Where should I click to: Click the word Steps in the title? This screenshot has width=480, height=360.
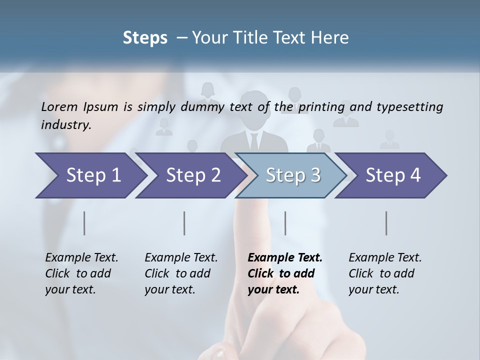[145, 38]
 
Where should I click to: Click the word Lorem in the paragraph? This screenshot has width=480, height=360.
[59, 106]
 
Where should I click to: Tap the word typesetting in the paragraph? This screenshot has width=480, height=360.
[409, 107]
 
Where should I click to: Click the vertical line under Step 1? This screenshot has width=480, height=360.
[84, 223]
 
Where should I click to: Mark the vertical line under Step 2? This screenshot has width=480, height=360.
[184, 223]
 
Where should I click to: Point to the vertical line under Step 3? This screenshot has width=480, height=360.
[285, 223]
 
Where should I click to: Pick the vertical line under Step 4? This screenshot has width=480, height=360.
[386, 223]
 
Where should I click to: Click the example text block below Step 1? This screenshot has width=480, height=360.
[81, 273]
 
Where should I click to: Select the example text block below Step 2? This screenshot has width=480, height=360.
[181, 273]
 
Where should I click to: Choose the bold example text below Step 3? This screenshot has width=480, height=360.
[285, 273]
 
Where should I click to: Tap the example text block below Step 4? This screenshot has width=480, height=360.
[385, 273]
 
